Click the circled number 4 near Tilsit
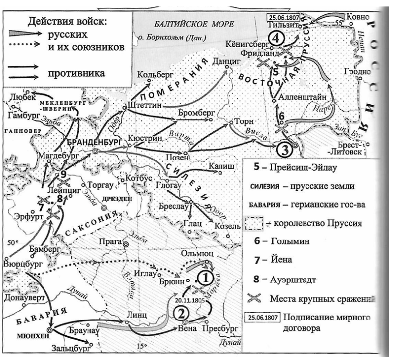click(x=277, y=39)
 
